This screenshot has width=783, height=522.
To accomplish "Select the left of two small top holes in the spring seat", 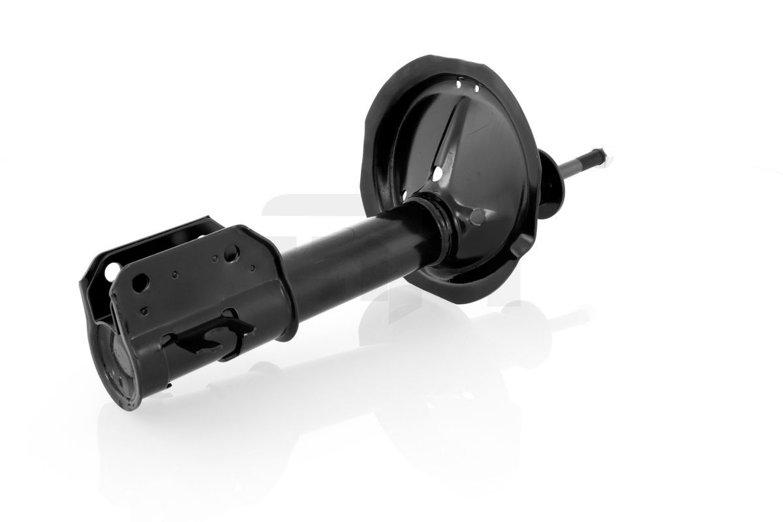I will point(460,85).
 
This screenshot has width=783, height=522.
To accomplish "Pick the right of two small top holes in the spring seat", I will point(476,88).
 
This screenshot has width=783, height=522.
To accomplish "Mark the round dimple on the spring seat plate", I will point(479,216).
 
